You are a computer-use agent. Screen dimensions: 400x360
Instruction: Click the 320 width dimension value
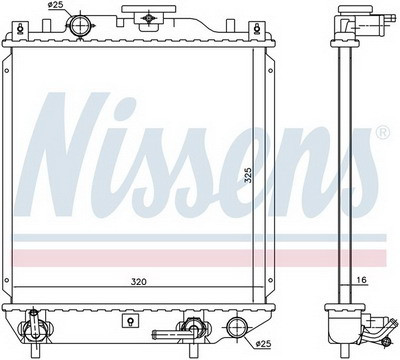[x=139, y=282]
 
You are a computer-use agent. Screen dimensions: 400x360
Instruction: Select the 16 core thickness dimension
[x=362, y=280]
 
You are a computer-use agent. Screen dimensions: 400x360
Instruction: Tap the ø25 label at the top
[x=56, y=5]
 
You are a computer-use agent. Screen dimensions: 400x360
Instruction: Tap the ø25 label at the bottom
[x=263, y=343]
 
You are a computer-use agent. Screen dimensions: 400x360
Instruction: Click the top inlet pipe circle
[x=80, y=26]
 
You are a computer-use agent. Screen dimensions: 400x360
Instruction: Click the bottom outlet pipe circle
[x=237, y=327]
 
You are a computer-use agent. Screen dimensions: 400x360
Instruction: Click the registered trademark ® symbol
[x=382, y=132]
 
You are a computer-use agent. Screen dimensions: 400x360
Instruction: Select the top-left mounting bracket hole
[x=21, y=29]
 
